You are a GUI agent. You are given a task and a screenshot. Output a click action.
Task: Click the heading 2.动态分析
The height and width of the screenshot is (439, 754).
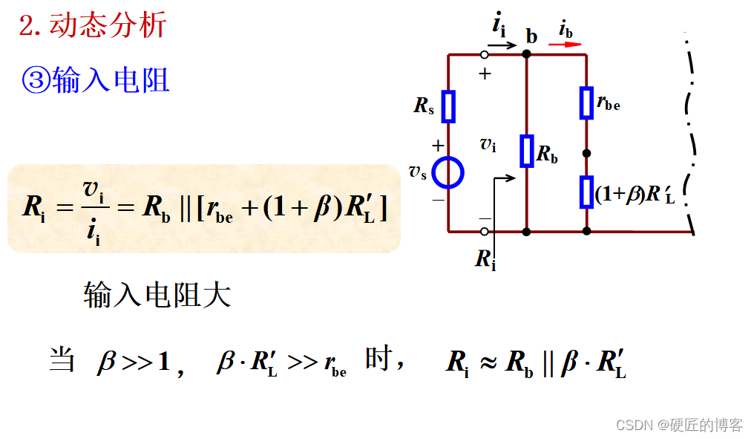click(93, 26)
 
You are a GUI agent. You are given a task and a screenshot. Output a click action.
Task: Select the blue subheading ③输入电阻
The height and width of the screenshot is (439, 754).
click(96, 79)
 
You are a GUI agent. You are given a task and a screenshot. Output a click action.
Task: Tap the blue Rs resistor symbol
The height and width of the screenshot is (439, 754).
click(448, 106)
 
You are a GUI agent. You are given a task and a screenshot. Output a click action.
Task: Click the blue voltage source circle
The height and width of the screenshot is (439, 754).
click(448, 173)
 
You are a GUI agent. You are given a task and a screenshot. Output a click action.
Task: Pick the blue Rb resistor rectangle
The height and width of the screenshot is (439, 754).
click(526, 151)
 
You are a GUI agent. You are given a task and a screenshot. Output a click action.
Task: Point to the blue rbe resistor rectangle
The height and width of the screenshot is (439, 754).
click(586, 103)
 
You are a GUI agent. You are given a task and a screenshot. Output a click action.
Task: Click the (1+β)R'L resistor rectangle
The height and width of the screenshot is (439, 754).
click(586, 192)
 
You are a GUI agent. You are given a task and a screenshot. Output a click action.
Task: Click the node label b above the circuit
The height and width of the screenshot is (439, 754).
click(531, 35)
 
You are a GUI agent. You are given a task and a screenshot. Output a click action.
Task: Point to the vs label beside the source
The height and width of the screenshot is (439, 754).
click(418, 172)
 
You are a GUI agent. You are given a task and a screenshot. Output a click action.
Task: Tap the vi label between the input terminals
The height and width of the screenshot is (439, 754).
click(488, 145)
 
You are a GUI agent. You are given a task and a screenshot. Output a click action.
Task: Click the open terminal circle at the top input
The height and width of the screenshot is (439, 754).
click(485, 54)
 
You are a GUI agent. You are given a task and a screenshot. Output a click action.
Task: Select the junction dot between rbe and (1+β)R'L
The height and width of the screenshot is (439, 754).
click(586, 154)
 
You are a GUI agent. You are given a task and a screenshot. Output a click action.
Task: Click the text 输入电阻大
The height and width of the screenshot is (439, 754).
click(157, 295)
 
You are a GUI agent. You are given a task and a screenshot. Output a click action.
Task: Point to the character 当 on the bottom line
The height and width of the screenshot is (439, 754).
click(62, 360)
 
